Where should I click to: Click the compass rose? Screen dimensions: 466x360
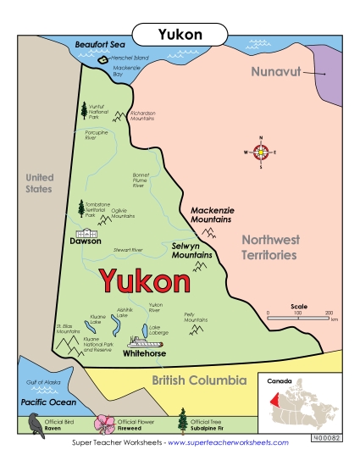point(261,153)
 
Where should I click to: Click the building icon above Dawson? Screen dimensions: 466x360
point(86,230)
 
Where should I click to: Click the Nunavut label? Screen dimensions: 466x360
point(276,71)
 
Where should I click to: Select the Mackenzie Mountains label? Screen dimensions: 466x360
point(212,214)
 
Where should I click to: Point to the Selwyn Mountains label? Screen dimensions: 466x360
point(191,249)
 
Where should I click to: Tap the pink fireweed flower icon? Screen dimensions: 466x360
point(106,423)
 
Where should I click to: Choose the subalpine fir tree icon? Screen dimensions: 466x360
point(181,421)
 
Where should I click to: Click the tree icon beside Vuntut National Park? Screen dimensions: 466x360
point(83,109)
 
